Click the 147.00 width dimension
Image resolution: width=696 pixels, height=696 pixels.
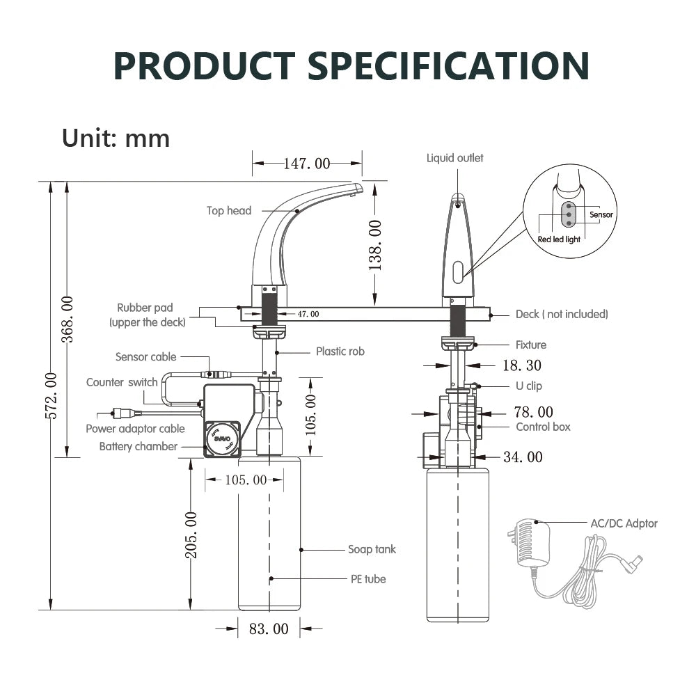point(306,164)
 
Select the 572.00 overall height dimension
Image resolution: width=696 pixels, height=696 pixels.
point(51,395)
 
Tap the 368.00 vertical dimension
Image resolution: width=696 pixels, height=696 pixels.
point(68,319)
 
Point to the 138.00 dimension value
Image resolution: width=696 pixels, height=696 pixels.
point(375,245)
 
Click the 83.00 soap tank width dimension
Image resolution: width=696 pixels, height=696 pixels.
point(268,629)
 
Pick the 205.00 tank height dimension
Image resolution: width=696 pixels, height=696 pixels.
point(191,535)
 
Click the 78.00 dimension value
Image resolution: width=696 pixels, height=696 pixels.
point(533,413)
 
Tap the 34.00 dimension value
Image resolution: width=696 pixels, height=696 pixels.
point(523,457)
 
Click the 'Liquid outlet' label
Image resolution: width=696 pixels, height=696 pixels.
point(454,158)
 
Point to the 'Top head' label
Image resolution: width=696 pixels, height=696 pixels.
point(228,210)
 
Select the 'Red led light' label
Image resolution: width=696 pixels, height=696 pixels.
point(558,239)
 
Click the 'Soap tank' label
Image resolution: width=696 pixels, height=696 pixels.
point(372,549)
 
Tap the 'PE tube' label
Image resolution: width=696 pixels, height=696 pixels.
point(367,578)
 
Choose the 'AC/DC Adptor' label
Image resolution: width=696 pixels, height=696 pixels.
point(624,523)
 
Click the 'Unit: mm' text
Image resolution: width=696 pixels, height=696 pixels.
point(116,137)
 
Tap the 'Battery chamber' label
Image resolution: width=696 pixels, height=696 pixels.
point(138,446)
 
